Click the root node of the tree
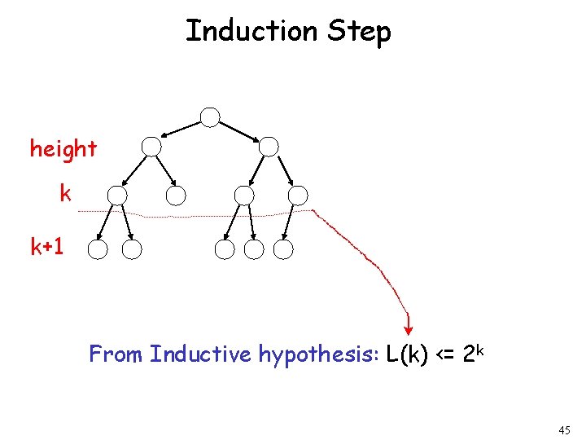pyautogui.click(x=210, y=117)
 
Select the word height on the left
pyautogui.click(x=63, y=149)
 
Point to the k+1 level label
pyautogui.click(x=47, y=247)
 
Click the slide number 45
pyautogui.click(x=564, y=429)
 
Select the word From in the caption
pyautogui.click(x=116, y=354)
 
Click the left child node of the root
pyautogui.click(x=151, y=147)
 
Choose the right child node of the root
pyautogui.click(x=269, y=147)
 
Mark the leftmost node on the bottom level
pyautogui.click(x=98, y=249)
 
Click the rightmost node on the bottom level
pyautogui.click(x=283, y=249)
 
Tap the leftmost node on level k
pyautogui.click(x=117, y=196)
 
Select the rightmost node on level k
pyautogui.click(x=298, y=196)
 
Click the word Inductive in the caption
pyautogui.click(x=201, y=354)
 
